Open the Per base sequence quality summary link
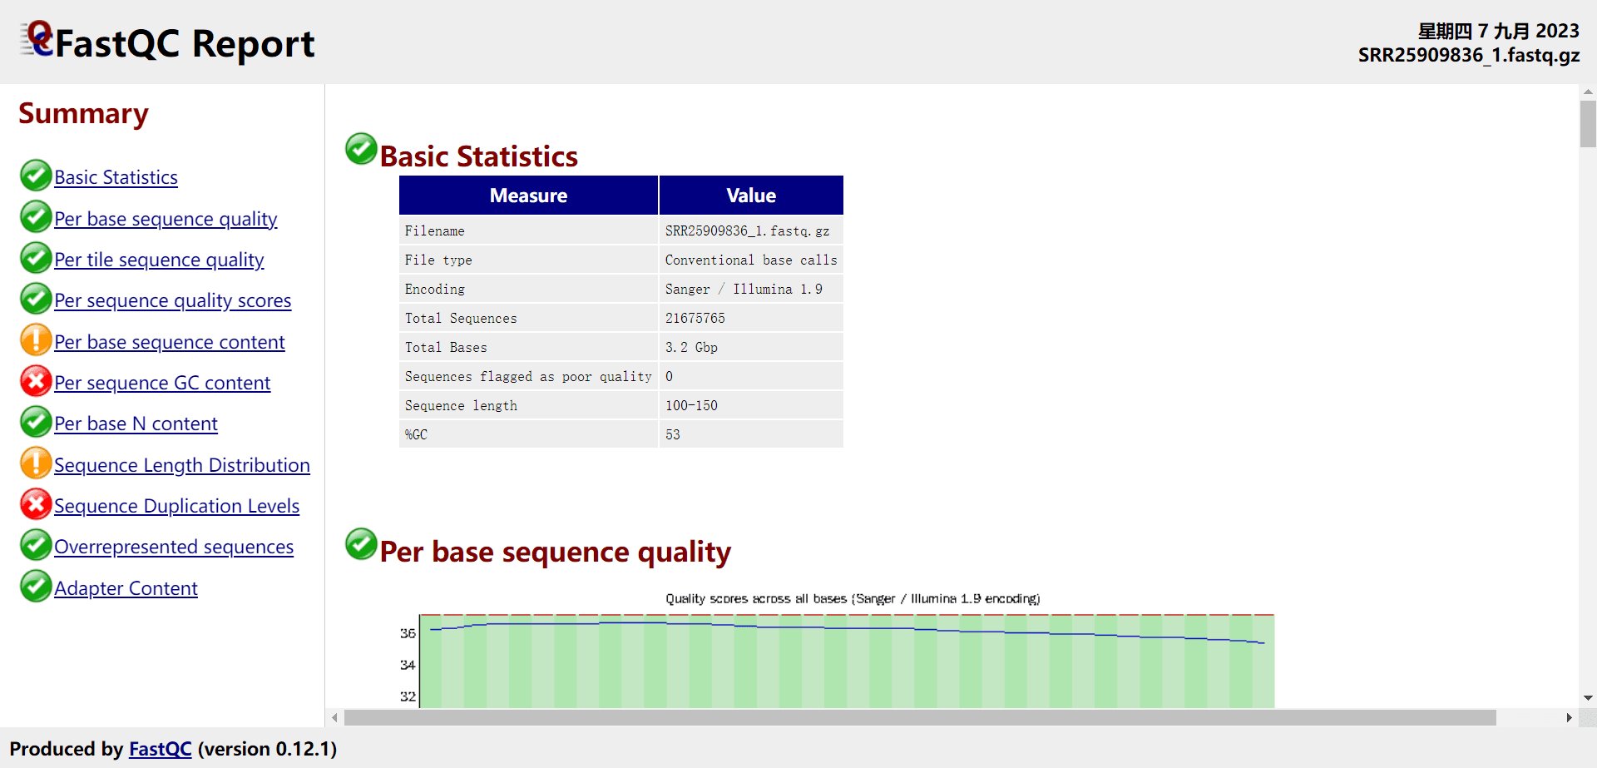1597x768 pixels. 166,219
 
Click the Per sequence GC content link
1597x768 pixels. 162,383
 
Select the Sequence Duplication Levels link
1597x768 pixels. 176,506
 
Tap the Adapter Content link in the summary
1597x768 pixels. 126,588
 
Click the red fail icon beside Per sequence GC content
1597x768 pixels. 36,381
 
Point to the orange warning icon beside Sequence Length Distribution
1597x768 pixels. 36,463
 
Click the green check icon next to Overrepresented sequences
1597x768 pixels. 36,545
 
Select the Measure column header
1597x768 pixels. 528,196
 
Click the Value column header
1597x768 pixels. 751,196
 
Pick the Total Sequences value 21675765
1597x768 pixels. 695,318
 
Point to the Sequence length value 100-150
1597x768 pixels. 691,405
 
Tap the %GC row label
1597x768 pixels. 416,434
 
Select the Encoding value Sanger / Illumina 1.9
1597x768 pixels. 744,289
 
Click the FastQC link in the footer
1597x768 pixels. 160,749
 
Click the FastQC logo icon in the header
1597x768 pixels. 37,39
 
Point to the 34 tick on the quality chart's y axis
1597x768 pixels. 408,665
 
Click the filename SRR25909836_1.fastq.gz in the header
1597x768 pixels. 1469,55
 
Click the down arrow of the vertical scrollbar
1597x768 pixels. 1588,698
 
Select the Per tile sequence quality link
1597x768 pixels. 159,260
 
